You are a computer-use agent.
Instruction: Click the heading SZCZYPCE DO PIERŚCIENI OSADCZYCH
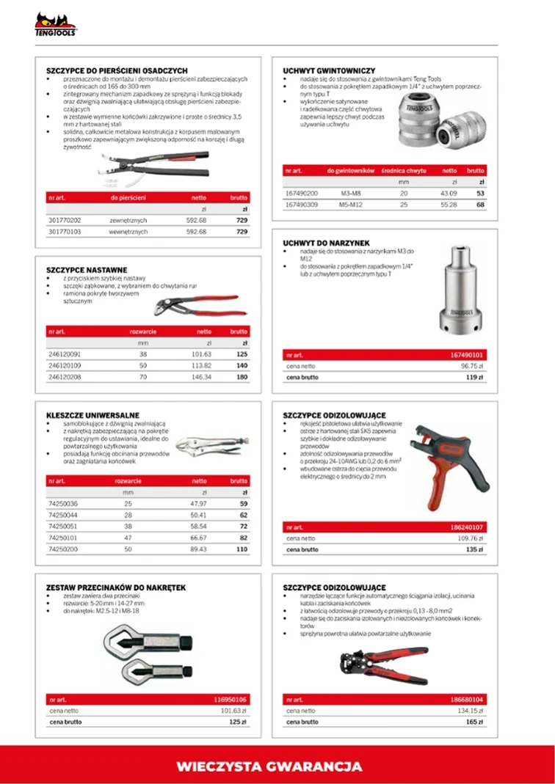[117, 71]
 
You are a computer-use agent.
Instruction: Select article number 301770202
[65, 220]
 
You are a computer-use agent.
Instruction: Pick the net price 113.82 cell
[201, 365]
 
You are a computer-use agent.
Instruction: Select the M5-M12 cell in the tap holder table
[351, 205]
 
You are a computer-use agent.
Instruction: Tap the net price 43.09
[448, 193]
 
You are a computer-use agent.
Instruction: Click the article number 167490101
[466, 355]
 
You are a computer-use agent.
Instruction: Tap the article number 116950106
[230, 700]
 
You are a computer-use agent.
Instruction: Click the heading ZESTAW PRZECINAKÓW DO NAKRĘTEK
[116, 587]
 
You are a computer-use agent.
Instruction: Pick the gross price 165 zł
[473, 722]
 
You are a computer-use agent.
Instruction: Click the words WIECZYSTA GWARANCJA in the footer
[269, 766]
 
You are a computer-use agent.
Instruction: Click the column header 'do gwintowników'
[351, 170]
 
